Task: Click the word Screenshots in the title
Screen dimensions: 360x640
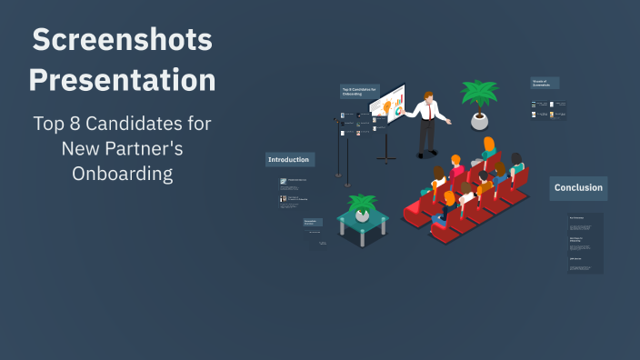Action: tap(122, 40)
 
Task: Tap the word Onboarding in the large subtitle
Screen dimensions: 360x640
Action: tap(123, 173)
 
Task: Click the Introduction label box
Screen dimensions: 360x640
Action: tap(289, 160)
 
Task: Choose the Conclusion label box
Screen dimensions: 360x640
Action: tap(578, 188)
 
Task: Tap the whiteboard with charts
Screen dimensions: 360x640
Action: tap(388, 105)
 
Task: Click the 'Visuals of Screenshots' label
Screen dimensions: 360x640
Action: tap(544, 84)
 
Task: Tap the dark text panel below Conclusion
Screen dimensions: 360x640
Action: tap(585, 243)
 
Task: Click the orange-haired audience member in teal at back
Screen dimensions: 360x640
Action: tap(489, 149)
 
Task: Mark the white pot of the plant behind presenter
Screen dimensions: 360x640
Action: tap(479, 120)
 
